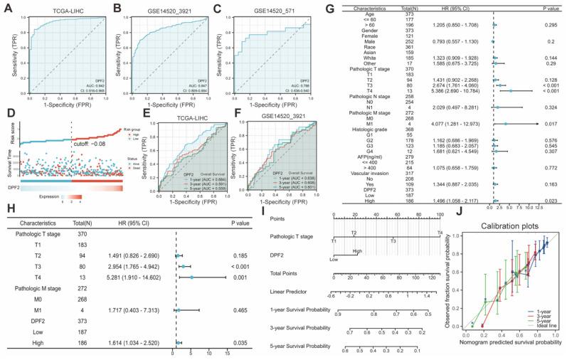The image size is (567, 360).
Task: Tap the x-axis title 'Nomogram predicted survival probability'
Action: pos(507,354)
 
